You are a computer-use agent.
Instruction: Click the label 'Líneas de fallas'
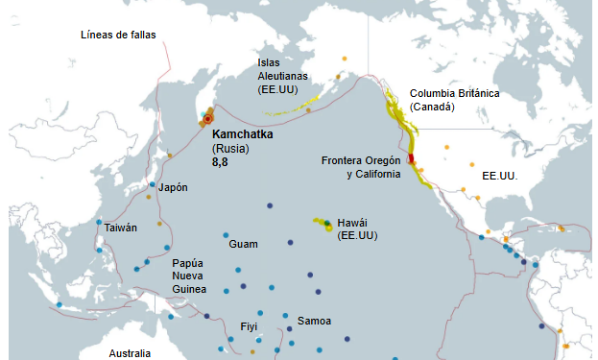tap(118, 36)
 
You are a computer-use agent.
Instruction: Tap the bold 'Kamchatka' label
tap(242, 135)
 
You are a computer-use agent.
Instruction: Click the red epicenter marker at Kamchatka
tap(207, 120)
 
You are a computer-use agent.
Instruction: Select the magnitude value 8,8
tap(220, 163)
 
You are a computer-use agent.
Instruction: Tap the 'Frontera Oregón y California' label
tap(361, 167)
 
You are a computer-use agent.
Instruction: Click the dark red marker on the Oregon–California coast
tap(411, 159)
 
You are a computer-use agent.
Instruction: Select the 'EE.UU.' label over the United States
tap(499, 177)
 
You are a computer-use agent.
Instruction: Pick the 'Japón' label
tap(173, 187)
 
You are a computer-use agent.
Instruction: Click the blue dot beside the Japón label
tap(152, 185)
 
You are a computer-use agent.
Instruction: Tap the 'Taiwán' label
tap(121, 228)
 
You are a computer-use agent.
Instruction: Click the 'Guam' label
tap(243, 244)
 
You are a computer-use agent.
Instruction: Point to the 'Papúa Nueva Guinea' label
tap(189, 276)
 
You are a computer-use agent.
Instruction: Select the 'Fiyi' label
tap(249, 326)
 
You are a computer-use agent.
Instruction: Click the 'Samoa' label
tap(314, 320)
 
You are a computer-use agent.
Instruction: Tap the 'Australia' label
tap(130, 353)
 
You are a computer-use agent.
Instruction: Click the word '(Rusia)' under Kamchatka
tap(230, 149)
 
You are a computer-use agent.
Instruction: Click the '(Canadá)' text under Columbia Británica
tap(432, 107)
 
